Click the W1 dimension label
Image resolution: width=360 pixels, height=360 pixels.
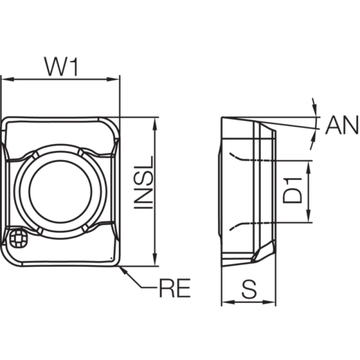click(62, 67)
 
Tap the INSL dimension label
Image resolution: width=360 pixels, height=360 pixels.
click(144, 183)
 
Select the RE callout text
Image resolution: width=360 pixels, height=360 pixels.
click(175, 288)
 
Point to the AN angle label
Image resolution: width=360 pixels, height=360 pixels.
click(342, 125)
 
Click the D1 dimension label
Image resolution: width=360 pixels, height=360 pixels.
click(292, 191)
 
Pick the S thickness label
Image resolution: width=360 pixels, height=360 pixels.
click(249, 289)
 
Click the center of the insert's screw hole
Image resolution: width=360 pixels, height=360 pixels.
click(61, 192)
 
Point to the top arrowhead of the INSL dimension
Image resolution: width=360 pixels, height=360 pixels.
click(155, 124)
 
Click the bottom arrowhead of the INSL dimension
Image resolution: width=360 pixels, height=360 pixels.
click(155, 260)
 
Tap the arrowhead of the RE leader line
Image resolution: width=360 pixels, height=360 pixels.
click(123, 270)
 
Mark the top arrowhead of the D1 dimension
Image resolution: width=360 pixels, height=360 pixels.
click(309, 167)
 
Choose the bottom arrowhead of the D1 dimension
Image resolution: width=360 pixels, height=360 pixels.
click(309, 216)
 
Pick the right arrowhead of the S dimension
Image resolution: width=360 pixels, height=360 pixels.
click(269, 302)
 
